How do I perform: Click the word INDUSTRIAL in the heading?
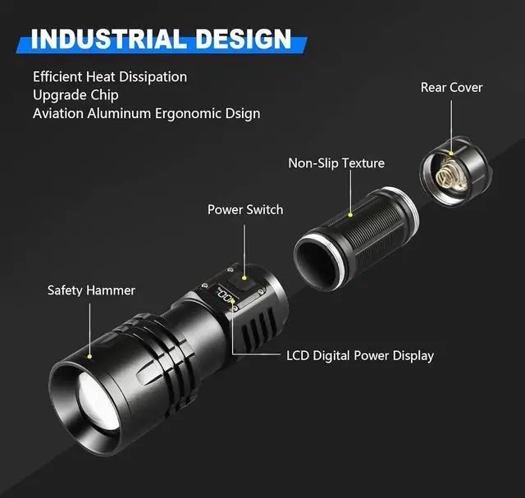coord(107,39)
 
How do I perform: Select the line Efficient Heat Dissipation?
coord(110,76)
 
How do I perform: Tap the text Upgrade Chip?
coord(75,94)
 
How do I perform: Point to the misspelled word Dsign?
coord(240,113)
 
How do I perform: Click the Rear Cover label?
coord(451,87)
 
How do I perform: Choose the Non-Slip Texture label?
coord(336,162)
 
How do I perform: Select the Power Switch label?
coord(245,209)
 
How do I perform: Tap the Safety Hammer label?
coord(91,290)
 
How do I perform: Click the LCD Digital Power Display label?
coord(360,355)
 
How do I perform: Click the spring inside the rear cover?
coord(449,173)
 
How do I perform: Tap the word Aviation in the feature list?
coord(57,113)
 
